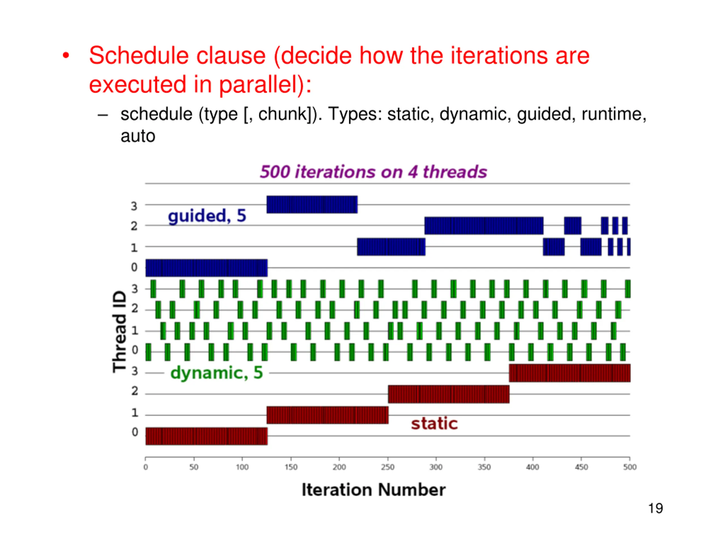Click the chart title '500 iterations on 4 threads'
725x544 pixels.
pyautogui.click(x=373, y=172)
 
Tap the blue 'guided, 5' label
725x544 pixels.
pyautogui.click(x=207, y=216)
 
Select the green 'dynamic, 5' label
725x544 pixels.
pyautogui.click(x=217, y=373)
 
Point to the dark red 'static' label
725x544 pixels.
pyautogui.click(x=434, y=423)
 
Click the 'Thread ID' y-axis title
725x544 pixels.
pyautogui.click(x=119, y=331)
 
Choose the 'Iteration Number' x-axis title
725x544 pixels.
pyautogui.click(x=374, y=490)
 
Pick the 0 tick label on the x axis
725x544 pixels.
pyautogui.click(x=146, y=467)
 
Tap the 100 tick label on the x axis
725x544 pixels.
pyautogui.click(x=242, y=467)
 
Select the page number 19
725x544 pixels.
pyautogui.click(x=656, y=508)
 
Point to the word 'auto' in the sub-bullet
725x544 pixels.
pyautogui.click(x=138, y=136)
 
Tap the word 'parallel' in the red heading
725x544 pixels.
pyautogui.click(x=258, y=85)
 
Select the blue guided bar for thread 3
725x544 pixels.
pyautogui.click(x=312, y=205)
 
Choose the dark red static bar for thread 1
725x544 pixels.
pyautogui.click(x=327, y=415)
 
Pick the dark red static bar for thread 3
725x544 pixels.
pyautogui.click(x=570, y=373)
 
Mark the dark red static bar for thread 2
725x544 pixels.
pyautogui.click(x=449, y=394)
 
